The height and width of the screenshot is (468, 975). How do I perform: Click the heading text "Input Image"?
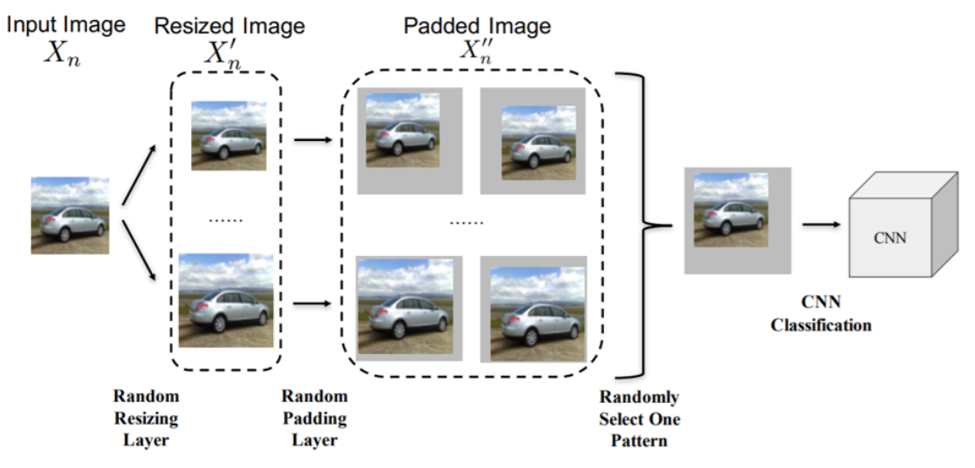tap(65, 23)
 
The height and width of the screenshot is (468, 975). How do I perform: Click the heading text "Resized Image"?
tap(229, 26)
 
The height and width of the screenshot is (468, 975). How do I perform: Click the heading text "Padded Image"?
tap(476, 25)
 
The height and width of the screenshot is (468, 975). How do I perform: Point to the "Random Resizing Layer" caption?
tap(145, 418)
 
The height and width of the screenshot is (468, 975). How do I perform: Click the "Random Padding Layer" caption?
tap(314, 418)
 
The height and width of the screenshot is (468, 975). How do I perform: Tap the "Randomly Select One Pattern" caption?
tap(639, 418)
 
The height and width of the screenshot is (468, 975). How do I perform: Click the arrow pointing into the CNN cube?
tap(820, 224)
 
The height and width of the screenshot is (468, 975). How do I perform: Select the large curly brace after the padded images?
tap(647, 225)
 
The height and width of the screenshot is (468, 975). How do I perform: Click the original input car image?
tap(70, 215)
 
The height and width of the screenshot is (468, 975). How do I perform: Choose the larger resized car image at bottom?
tap(226, 300)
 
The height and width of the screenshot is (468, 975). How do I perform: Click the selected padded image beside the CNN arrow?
tap(737, 220)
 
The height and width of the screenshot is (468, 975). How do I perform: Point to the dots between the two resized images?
tap(226, 220)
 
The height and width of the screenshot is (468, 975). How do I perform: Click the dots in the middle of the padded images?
tap(467, 223)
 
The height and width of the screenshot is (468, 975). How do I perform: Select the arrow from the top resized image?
tap(314, 139)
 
